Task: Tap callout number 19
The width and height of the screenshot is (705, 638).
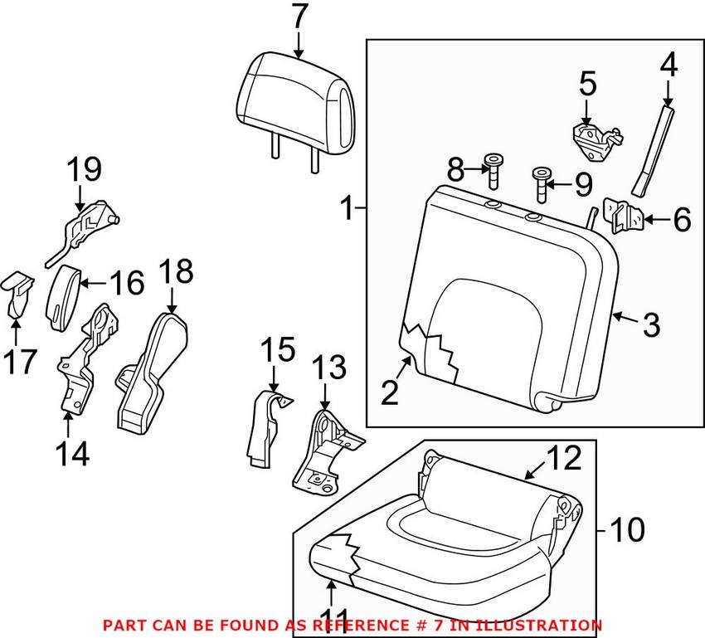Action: point(85,172)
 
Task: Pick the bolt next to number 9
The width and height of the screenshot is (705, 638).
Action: point(542,184)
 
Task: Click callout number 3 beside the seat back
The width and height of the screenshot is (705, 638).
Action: point(651,325)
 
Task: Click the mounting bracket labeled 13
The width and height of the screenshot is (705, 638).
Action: point(323,448)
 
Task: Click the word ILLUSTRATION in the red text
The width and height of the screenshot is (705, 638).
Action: point(548,625)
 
